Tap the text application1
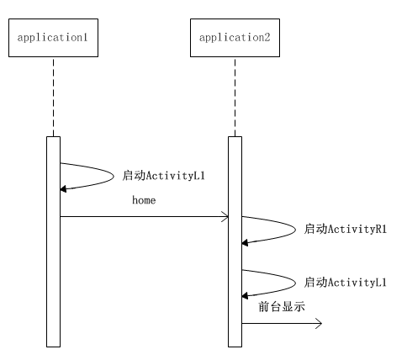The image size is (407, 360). click(53, 38)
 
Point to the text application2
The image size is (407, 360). click(235, 38)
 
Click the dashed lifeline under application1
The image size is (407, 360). click(53, 97)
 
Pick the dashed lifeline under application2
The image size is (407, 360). click(235, 97)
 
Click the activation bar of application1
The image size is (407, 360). click(53, 241)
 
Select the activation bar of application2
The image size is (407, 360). click(235, 241)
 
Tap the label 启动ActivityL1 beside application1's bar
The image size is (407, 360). click(164, 176)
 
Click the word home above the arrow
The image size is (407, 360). click(144, 200)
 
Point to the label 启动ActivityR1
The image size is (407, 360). click(346, 229)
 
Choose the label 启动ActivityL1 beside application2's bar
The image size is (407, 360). click(346, 282)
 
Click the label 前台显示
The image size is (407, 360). click(282, 306)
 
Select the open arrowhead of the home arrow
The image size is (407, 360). click(225, 216)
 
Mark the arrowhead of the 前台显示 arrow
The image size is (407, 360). click(319, 324)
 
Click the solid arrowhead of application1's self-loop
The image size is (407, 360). click(63, 189)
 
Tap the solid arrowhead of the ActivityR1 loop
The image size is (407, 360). click(245, 243)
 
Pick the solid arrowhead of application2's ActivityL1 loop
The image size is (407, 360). click(245, 295)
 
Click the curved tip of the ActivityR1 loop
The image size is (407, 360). click(295, 230)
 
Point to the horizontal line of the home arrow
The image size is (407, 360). click(145, 216)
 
